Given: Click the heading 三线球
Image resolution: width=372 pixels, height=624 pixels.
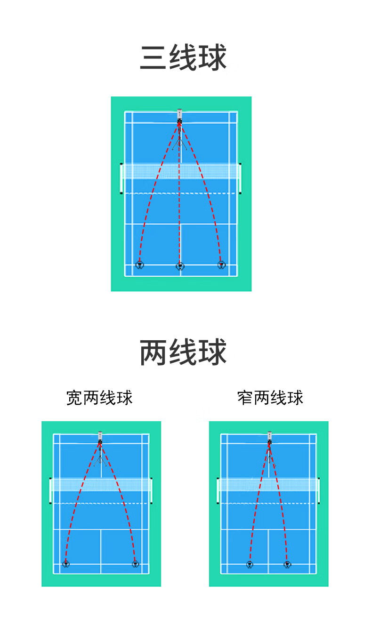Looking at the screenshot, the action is (x=183, y=58).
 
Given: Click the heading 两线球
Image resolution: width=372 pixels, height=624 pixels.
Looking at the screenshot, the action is (x=183, y=352).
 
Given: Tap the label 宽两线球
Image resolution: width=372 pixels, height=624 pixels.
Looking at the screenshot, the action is (x=99, y=398).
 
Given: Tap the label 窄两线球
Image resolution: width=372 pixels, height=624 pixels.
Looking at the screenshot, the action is (x=270, y=398).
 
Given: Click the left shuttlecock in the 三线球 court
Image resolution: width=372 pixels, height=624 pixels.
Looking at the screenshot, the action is (x=139, y=265).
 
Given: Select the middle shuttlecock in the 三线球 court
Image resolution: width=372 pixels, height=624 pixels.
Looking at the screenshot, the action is (x=180, y=266).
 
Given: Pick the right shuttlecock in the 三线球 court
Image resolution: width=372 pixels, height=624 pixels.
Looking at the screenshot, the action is (x=221, y=265).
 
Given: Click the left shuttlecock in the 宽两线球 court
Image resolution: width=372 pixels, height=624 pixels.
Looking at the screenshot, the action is (x=66, y=564).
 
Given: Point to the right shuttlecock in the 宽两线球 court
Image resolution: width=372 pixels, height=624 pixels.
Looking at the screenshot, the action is (x=135, y=564).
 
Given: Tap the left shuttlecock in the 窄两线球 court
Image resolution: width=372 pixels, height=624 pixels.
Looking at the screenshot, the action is (x=250, y=564).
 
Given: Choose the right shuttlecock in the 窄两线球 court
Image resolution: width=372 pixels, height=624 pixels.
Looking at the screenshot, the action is (x=287, y=564).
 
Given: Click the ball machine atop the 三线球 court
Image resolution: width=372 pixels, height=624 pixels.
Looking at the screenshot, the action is (x=179, y=116).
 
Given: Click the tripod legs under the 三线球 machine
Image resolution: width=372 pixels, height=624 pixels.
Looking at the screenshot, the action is (x=179, y=142).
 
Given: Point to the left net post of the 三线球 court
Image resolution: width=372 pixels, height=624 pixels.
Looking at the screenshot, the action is (x=121, y=178).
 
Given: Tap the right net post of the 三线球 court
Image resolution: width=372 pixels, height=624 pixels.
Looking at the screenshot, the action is (x=241, y=178).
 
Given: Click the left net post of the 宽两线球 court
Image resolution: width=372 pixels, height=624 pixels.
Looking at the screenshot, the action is (x=50, y=491).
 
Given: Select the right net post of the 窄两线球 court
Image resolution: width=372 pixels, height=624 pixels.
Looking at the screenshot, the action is (x=319, y=491).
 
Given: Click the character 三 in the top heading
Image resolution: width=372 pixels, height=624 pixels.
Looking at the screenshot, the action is (x=154, y=58).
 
